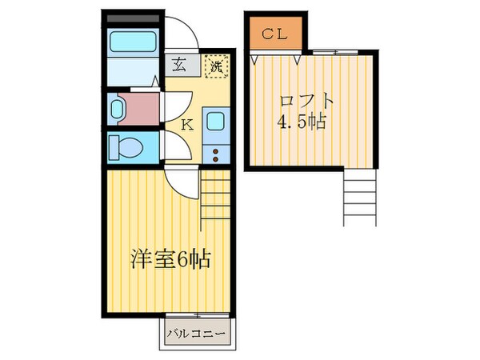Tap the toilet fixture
point(126,148)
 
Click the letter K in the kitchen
point(186,124)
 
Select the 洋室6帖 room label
point(170,260)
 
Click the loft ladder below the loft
point(358,200)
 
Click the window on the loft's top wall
point(328,52)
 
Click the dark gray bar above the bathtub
point(133,18)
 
